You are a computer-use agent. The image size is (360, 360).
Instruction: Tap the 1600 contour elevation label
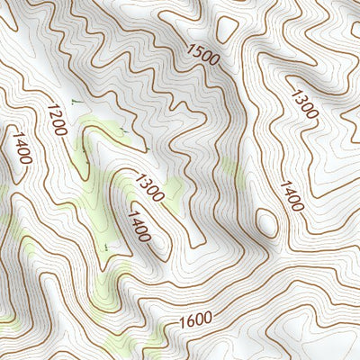pyautogui.click(x=195, y=319)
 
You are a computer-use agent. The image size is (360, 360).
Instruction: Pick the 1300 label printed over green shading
pyautogui.click(x=148, y=187)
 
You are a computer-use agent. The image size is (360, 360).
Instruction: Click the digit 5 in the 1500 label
pyautogui.click(x=200, y=51)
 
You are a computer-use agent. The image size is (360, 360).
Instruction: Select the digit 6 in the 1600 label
pyautogui.click(x=190, y=319)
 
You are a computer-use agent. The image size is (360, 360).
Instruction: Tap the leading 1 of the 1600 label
pyautogui.click(x=183, y=321)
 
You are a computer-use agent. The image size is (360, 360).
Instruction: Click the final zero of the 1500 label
pyautogui.click(x=214, y=59)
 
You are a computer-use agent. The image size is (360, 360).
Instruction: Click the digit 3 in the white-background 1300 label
pyautogui.click(x=300, y=95)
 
